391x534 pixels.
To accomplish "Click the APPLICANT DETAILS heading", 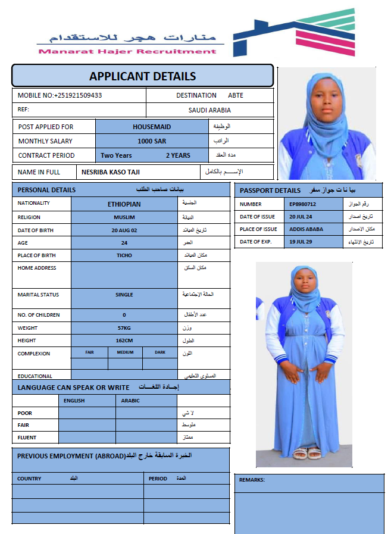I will coord(142,76).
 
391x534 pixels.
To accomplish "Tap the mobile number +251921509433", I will coord(77,95).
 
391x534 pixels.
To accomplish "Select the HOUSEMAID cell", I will coord(152,127).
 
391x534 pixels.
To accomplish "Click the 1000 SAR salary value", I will coord(152,141).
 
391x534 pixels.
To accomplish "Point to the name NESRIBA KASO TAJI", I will coord(111,172).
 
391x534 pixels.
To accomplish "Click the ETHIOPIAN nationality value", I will coord(124,204).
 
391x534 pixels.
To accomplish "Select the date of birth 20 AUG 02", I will coord(124,230).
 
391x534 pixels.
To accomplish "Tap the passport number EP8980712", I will coord(302,204).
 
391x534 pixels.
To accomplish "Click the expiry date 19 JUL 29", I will coord(301,242).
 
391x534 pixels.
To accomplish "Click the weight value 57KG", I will coord(124,328).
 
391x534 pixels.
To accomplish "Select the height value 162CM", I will coord(124,341).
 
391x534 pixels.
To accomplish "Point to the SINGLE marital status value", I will coord(124,295).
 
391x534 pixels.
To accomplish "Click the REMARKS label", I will coord(252,480).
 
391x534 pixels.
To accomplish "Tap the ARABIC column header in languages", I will coord(130,401).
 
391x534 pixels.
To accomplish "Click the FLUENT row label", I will coord(27,438).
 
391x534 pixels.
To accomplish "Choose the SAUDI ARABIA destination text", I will coord(209,110).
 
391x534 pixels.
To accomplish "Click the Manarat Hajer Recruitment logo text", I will coord(127,51).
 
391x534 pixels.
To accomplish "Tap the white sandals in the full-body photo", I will coord(307,454).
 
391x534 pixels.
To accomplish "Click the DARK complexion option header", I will coord(160,352).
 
